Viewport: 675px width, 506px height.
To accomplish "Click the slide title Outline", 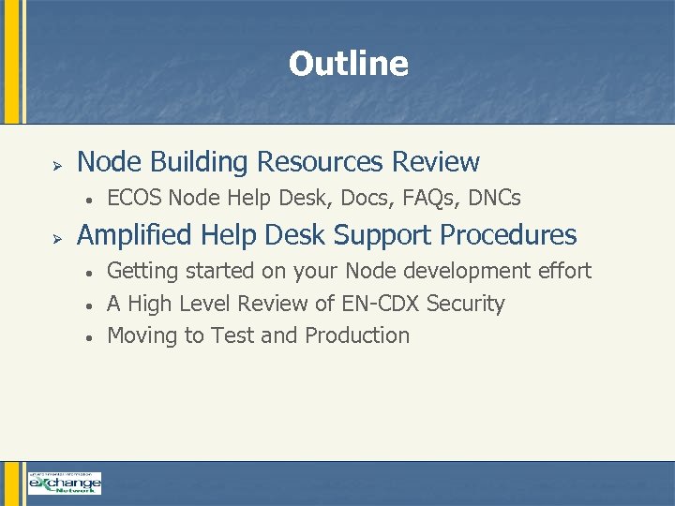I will (348, 64).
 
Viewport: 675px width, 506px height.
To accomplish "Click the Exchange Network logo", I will (64, 483).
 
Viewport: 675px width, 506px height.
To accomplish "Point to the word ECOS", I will (135, 198).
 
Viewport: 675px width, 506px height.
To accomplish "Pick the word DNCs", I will (494, 198).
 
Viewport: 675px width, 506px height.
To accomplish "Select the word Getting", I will (142, 271).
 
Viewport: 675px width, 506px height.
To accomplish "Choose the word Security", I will (466, 304).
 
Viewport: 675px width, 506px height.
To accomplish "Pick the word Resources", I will (320, 162).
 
